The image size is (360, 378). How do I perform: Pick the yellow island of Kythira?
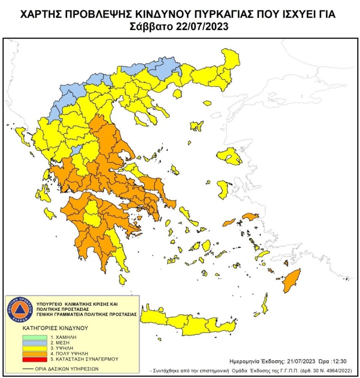122,280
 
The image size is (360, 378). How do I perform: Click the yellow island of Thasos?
178,94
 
